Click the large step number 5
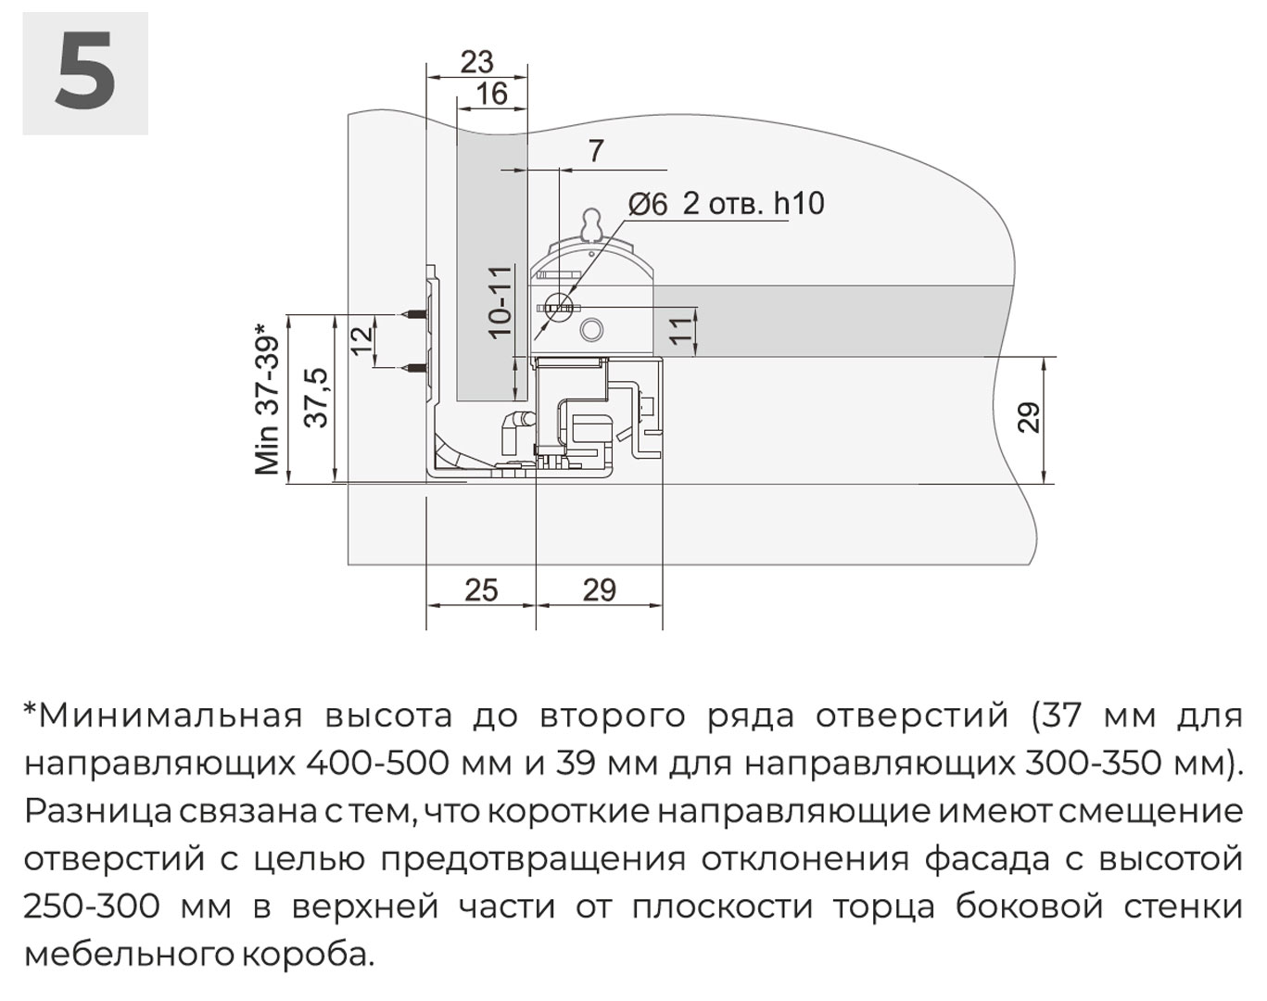[x=85, y=71]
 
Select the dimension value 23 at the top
[x=476, y=62]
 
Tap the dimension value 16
[x=491, y=95]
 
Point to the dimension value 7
[x=596, y=151]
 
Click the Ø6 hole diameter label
[x=648, y=205]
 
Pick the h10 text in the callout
[x=800, y=204]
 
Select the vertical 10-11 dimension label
[x=501, y=301]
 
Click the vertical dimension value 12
[x=362, y=340]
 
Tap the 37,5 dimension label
[x=317, y=399]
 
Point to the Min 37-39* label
[x=267, y=399]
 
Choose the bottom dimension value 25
[x=482, y=590]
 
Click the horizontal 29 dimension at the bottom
[x=600, y=590]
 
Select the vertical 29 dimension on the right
[x=1029, y=417]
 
